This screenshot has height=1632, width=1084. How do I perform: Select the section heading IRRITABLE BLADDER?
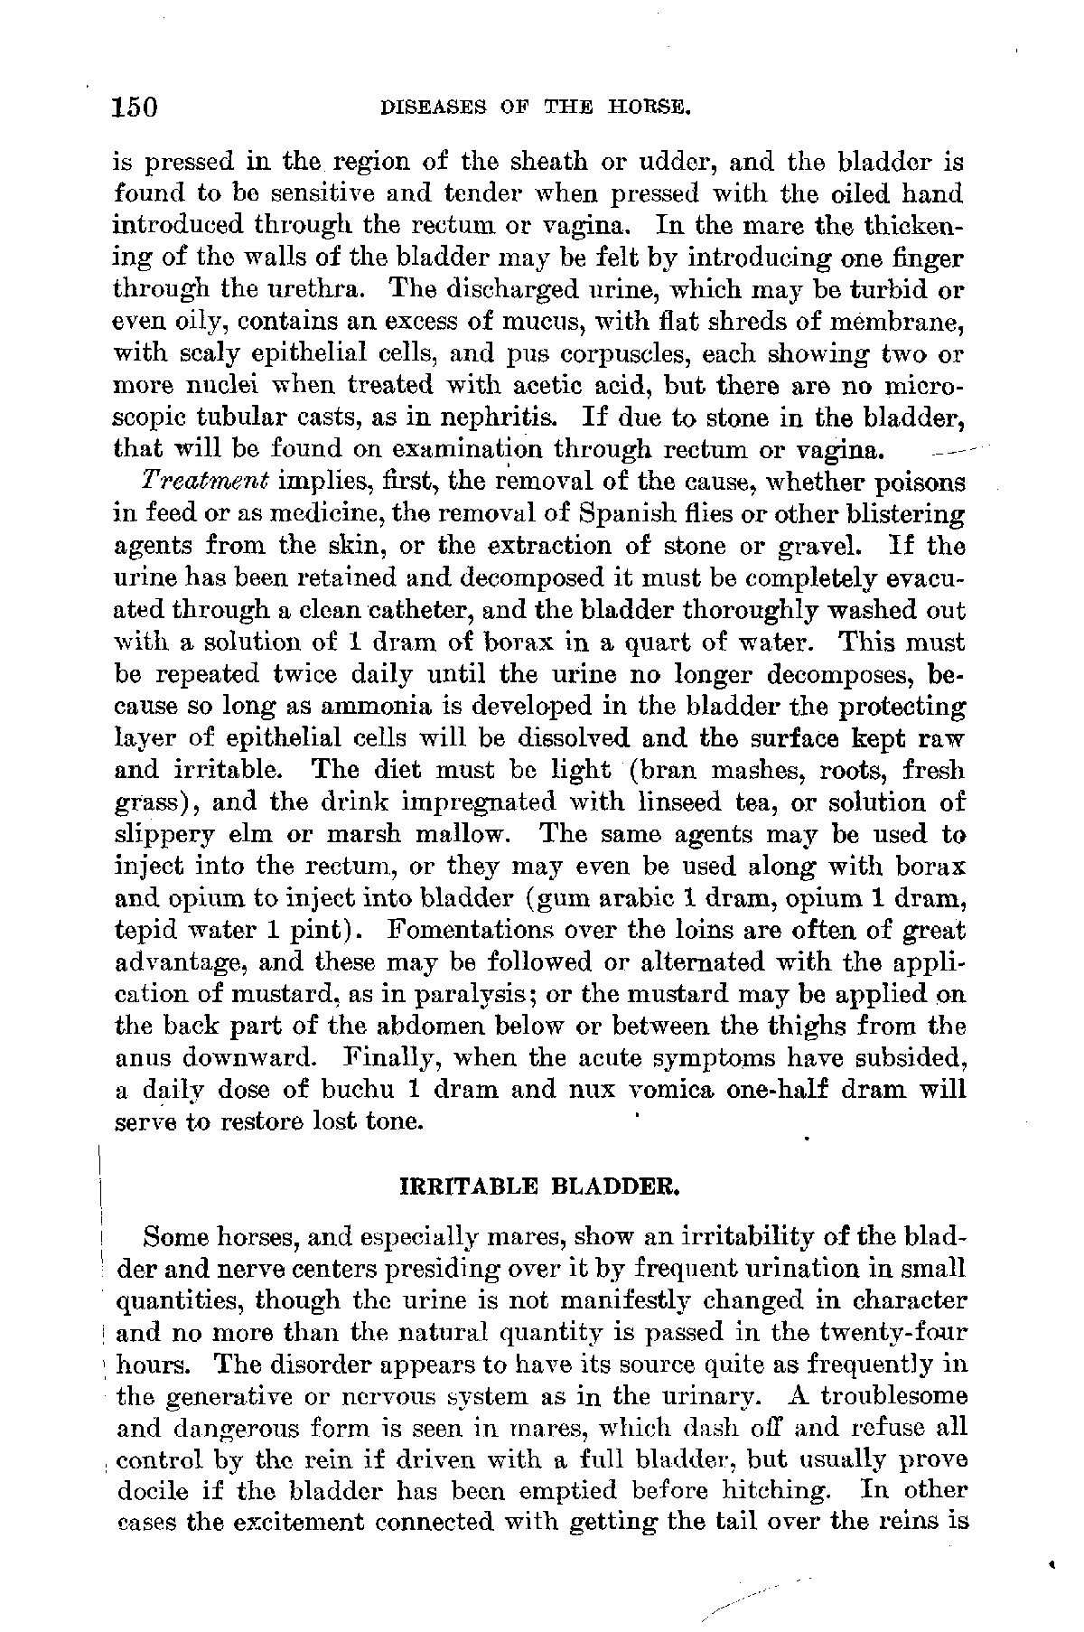pos(538,1186)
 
